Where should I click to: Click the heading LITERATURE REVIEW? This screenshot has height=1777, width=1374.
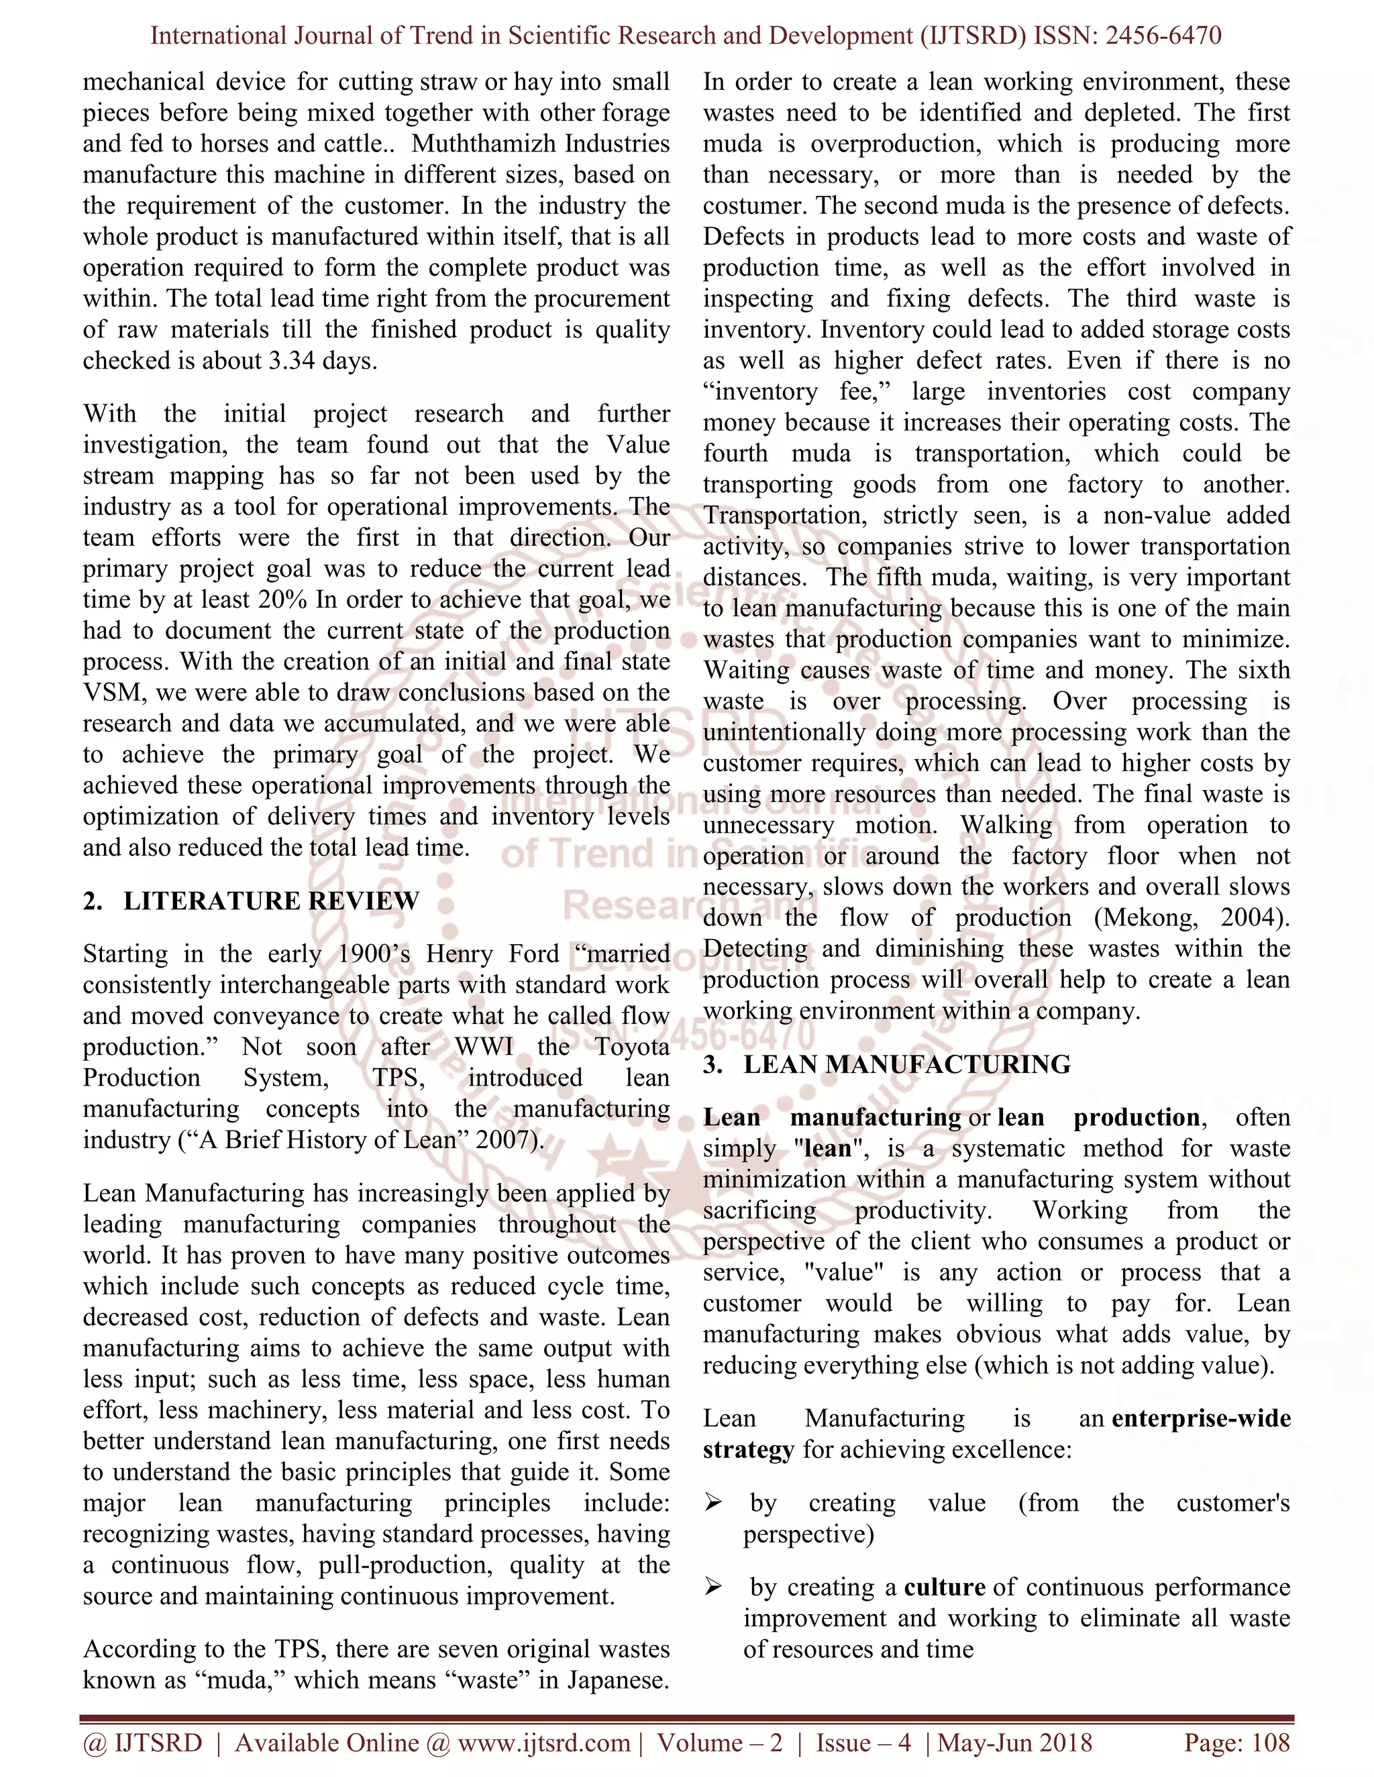click(x=271, y=901)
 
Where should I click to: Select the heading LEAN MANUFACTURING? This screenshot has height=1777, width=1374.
click(x=907, y=1064)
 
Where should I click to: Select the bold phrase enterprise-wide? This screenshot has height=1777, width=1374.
click(x=1201, y=1418)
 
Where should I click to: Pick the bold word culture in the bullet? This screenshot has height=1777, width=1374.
click(x=944, y=1587)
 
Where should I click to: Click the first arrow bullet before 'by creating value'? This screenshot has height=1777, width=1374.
click(x=713, y=1503)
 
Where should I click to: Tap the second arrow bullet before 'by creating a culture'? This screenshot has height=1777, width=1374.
click(x=713, y=1587)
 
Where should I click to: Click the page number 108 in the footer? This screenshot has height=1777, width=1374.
click(x=1271, y=1743)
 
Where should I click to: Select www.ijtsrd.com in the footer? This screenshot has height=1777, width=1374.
click(x=543, y=1743)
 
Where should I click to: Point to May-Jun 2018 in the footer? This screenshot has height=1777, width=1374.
click(x=1015, y=1743)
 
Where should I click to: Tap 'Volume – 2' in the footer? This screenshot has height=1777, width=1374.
click(x=720, y=1743)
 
